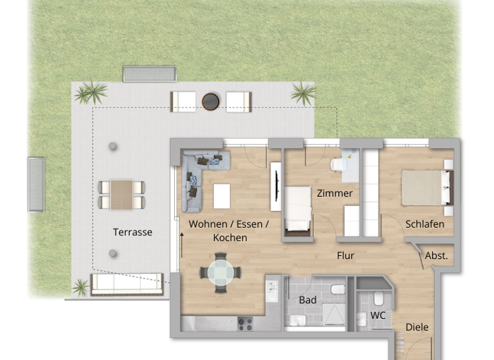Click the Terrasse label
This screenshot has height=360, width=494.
[x=133, y=232]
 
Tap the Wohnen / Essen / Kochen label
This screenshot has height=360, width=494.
[x=229, y=231]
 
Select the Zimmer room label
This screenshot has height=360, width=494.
[x=334, y=194]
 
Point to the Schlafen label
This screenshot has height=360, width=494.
[x=425, y=224]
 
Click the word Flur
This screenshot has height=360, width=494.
[x=345, y=255]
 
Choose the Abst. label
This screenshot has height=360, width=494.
[x=436, y=256]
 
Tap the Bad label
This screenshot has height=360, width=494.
[x=307, y=300]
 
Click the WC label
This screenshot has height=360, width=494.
[x=378, y=315]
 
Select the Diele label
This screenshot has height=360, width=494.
[x=417, y=327]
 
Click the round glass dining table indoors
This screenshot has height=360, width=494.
[x=221, y=273]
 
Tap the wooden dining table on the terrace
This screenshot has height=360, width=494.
[x=121, y=194]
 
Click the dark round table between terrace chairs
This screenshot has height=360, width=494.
[x=211, y=101]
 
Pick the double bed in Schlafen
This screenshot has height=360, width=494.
[x=425, y=187]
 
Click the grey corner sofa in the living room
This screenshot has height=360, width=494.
[x=196, y=177]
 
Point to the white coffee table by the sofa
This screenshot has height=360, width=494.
[x=221, y=196]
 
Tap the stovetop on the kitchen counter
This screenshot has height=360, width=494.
[x=246, y=323]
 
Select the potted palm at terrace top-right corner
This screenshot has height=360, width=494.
[x=302, y=94]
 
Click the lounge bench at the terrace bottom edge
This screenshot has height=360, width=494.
[x=126, y=283]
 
